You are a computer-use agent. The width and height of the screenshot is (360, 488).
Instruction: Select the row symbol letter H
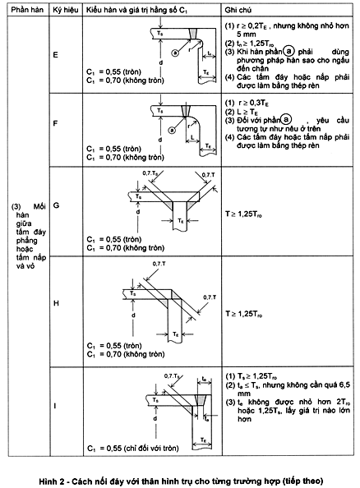point(54,303)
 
